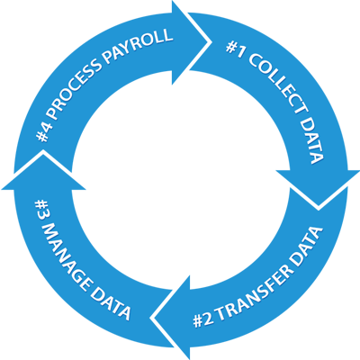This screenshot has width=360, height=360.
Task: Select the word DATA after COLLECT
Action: [312, 141]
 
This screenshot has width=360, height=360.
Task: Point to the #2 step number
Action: [203, 320]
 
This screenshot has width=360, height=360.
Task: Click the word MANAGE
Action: [64, 255]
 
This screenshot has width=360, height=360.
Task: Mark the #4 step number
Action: [44, 131]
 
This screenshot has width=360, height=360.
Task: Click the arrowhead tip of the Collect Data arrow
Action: [319, 207]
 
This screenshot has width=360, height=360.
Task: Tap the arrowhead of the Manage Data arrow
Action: [43, 152]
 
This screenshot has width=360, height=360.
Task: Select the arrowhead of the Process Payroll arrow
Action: [208, 42]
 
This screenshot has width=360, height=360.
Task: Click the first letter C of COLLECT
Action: [255, 60]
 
